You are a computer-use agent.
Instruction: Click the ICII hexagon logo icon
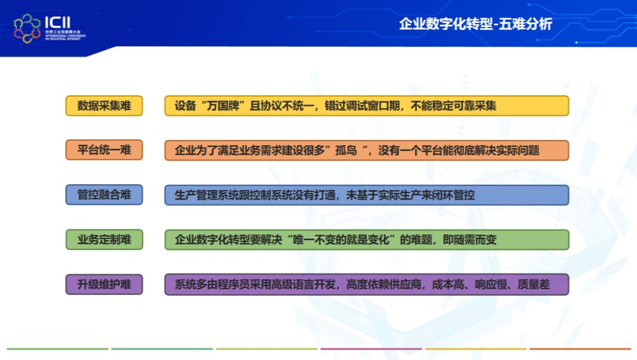pyautogui.click(x=27, y=28)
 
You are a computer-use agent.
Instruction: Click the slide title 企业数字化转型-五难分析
pyautogui.click(x=476, y=24)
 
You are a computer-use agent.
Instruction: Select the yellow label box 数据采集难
pyautogui.click(x=104, y=106)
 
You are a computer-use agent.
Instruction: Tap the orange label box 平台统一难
pyautogui.click(x=104, y=150)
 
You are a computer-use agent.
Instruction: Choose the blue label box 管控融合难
pyautogui.click(x=104, y=195)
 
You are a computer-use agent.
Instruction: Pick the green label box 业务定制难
pyautogui.click(x=104, y=240)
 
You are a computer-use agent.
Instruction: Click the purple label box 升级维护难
pyautogui.click(x=104, y=284)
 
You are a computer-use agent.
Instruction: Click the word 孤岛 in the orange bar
pyautogui.click(x=346, y=150)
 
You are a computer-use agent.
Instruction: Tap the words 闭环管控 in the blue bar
pyautogui.click(x=453, y=195)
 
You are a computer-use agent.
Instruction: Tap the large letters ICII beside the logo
pyautogui.click(x=58, y=22)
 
